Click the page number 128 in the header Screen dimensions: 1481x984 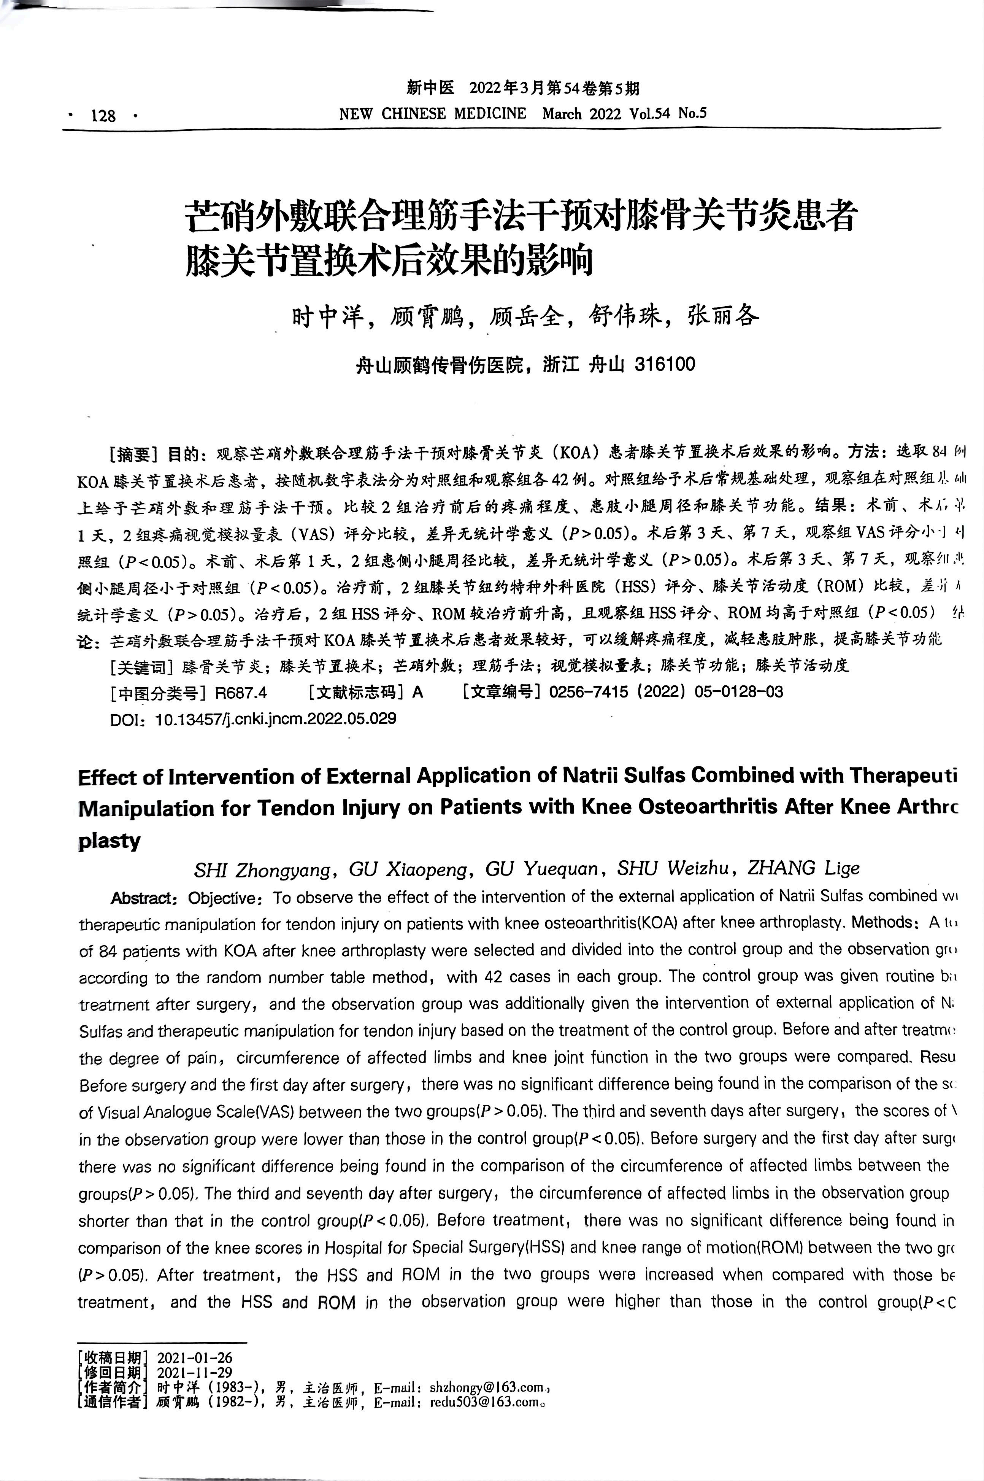[x=103, y=116]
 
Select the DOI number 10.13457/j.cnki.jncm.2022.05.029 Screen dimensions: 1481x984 [x=276, y=718]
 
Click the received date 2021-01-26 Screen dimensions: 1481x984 [x=195, y=1358]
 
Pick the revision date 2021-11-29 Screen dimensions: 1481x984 [x=195, y=1373]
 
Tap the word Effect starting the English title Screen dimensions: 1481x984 [x=107, y=777]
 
